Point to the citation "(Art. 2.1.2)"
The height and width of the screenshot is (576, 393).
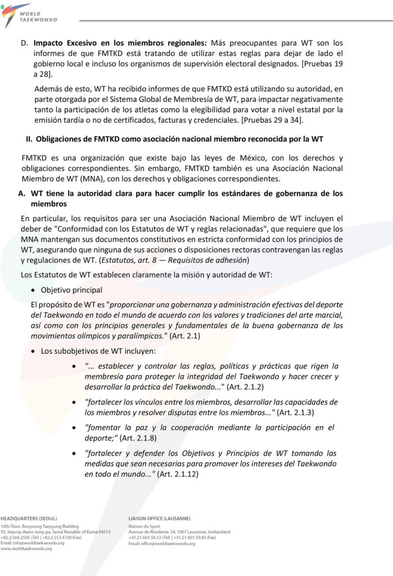coord(245,387)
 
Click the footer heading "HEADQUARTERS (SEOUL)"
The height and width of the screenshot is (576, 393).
coord(29,517)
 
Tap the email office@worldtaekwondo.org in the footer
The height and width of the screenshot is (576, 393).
coord(169,543)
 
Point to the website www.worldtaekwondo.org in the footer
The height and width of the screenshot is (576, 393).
coord(26,548)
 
